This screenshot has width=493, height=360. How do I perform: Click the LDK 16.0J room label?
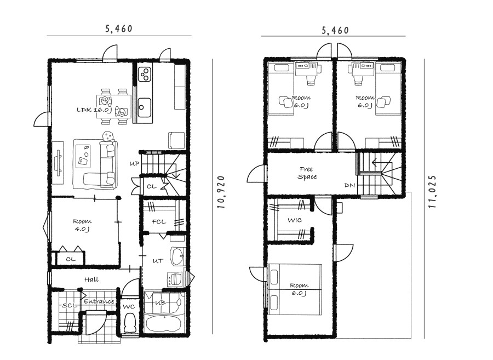tap(94, 110)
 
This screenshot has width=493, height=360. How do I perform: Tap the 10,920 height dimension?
tap(221, 192)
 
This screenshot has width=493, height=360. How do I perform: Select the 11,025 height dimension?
tap(432, 191)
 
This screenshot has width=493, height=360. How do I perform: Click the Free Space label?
tap(307, 173)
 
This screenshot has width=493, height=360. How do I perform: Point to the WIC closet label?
tap(295, 220)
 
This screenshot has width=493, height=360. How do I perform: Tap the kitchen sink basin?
tap(144, 107)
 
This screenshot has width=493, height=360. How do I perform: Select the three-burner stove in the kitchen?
tap(145, 74)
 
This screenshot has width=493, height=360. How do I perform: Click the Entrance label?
tap(99, 301)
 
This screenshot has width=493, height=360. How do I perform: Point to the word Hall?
tap(91, 279)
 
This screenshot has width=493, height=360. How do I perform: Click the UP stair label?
tap(134, 164)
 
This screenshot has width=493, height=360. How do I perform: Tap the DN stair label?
tap(349, 186)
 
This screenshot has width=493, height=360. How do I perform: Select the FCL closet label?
tap(159, 221)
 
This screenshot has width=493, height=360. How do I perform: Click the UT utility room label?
tap(158, 261)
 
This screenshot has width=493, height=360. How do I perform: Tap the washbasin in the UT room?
tap(177, 257)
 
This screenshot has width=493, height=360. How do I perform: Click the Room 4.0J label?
tap(82, 225)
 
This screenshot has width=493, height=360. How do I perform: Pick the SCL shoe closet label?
tap(69, 305)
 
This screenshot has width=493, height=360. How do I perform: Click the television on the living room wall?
tap(58, 163)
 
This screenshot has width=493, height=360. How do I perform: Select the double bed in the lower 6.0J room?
tap(295, 289)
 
